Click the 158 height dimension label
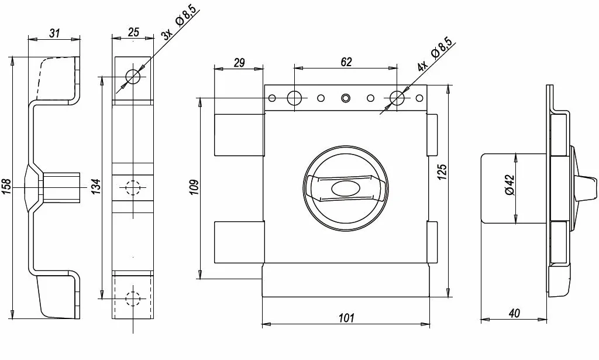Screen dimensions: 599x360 click(6, 187)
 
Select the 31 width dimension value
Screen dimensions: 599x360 click(54, 33)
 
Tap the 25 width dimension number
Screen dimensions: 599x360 click(133, 32)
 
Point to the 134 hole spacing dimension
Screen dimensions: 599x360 click(96, 187)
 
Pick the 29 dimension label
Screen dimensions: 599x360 click(239, 63)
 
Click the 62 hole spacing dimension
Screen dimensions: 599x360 click(346, 62)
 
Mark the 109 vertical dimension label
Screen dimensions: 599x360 click(194, 187)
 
